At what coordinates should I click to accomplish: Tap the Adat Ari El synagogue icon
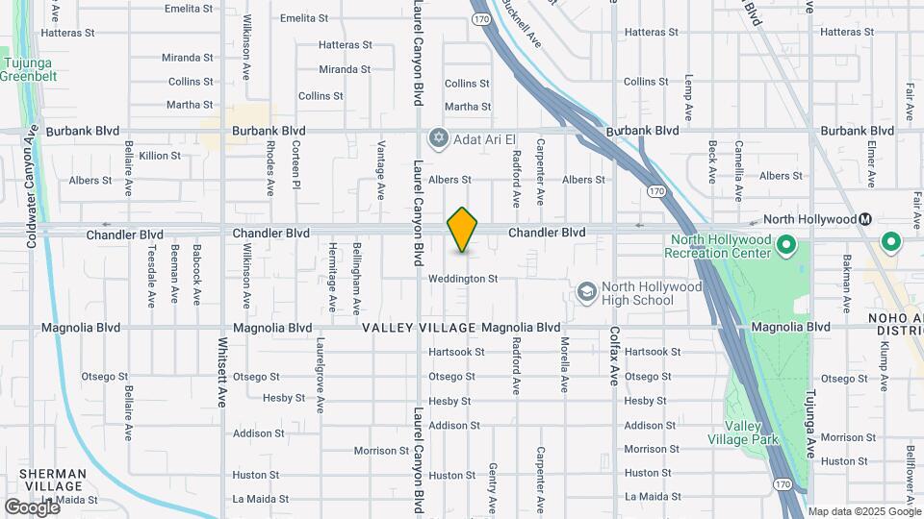439,138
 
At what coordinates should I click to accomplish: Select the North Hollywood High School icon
585,291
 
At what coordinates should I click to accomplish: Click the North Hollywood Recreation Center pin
785,245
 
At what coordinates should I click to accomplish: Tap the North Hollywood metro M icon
865,219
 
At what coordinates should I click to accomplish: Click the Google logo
32,507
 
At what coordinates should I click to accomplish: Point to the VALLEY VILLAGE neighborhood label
419,328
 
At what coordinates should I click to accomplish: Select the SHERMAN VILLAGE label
54,480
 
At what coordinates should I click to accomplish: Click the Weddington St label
463,279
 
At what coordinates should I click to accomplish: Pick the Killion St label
160,156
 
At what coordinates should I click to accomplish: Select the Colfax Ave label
613,355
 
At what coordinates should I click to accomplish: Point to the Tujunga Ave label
811,424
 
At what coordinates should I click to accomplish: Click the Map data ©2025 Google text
863,511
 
